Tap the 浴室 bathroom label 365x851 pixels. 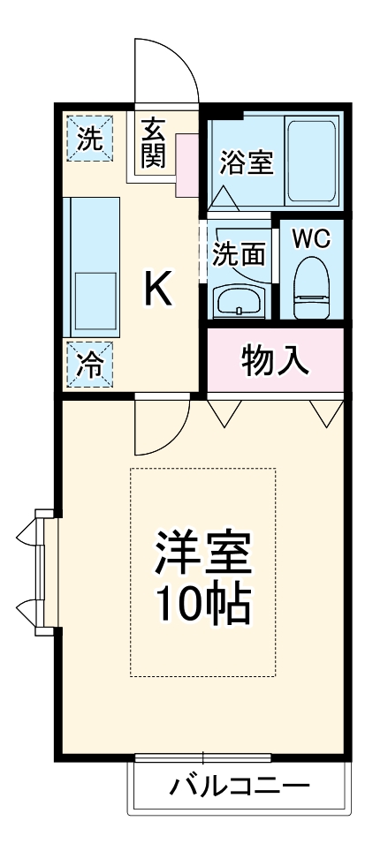(246, 163)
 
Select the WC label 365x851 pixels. (310, 238)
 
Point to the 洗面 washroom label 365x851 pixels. (238, 253)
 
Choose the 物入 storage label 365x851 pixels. (274, 359)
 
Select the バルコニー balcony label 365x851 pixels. (239, 786)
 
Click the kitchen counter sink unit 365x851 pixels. (93, 265)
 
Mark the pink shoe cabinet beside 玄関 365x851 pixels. (188, 164)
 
